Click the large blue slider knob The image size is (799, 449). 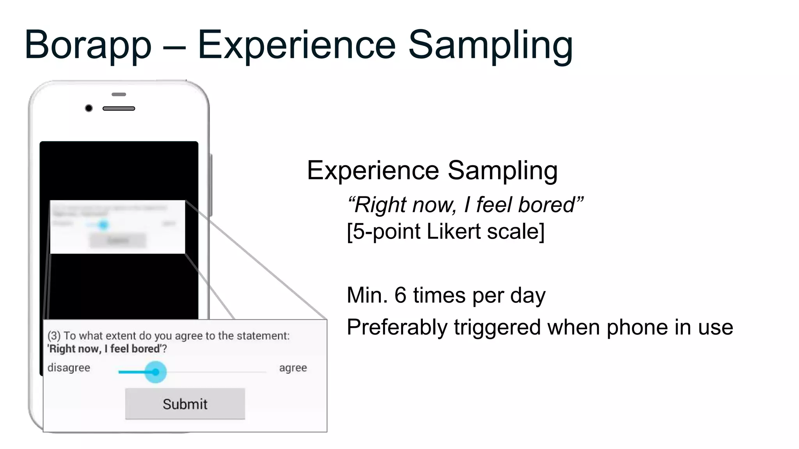coord(155,372)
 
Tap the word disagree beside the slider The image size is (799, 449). coord(69,368)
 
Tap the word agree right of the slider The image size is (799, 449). coord(293,368)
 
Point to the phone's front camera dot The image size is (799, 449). coord(89,108)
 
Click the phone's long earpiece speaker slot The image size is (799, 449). coord(119,108)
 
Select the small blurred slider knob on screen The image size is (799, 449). coord(103,225)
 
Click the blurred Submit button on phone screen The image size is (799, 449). coord(117,240)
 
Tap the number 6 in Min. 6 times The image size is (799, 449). coord(400,295)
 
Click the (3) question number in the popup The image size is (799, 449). coord(54,336)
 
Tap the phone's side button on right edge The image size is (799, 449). coord(211,185)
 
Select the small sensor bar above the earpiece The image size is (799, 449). coord(119,94)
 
